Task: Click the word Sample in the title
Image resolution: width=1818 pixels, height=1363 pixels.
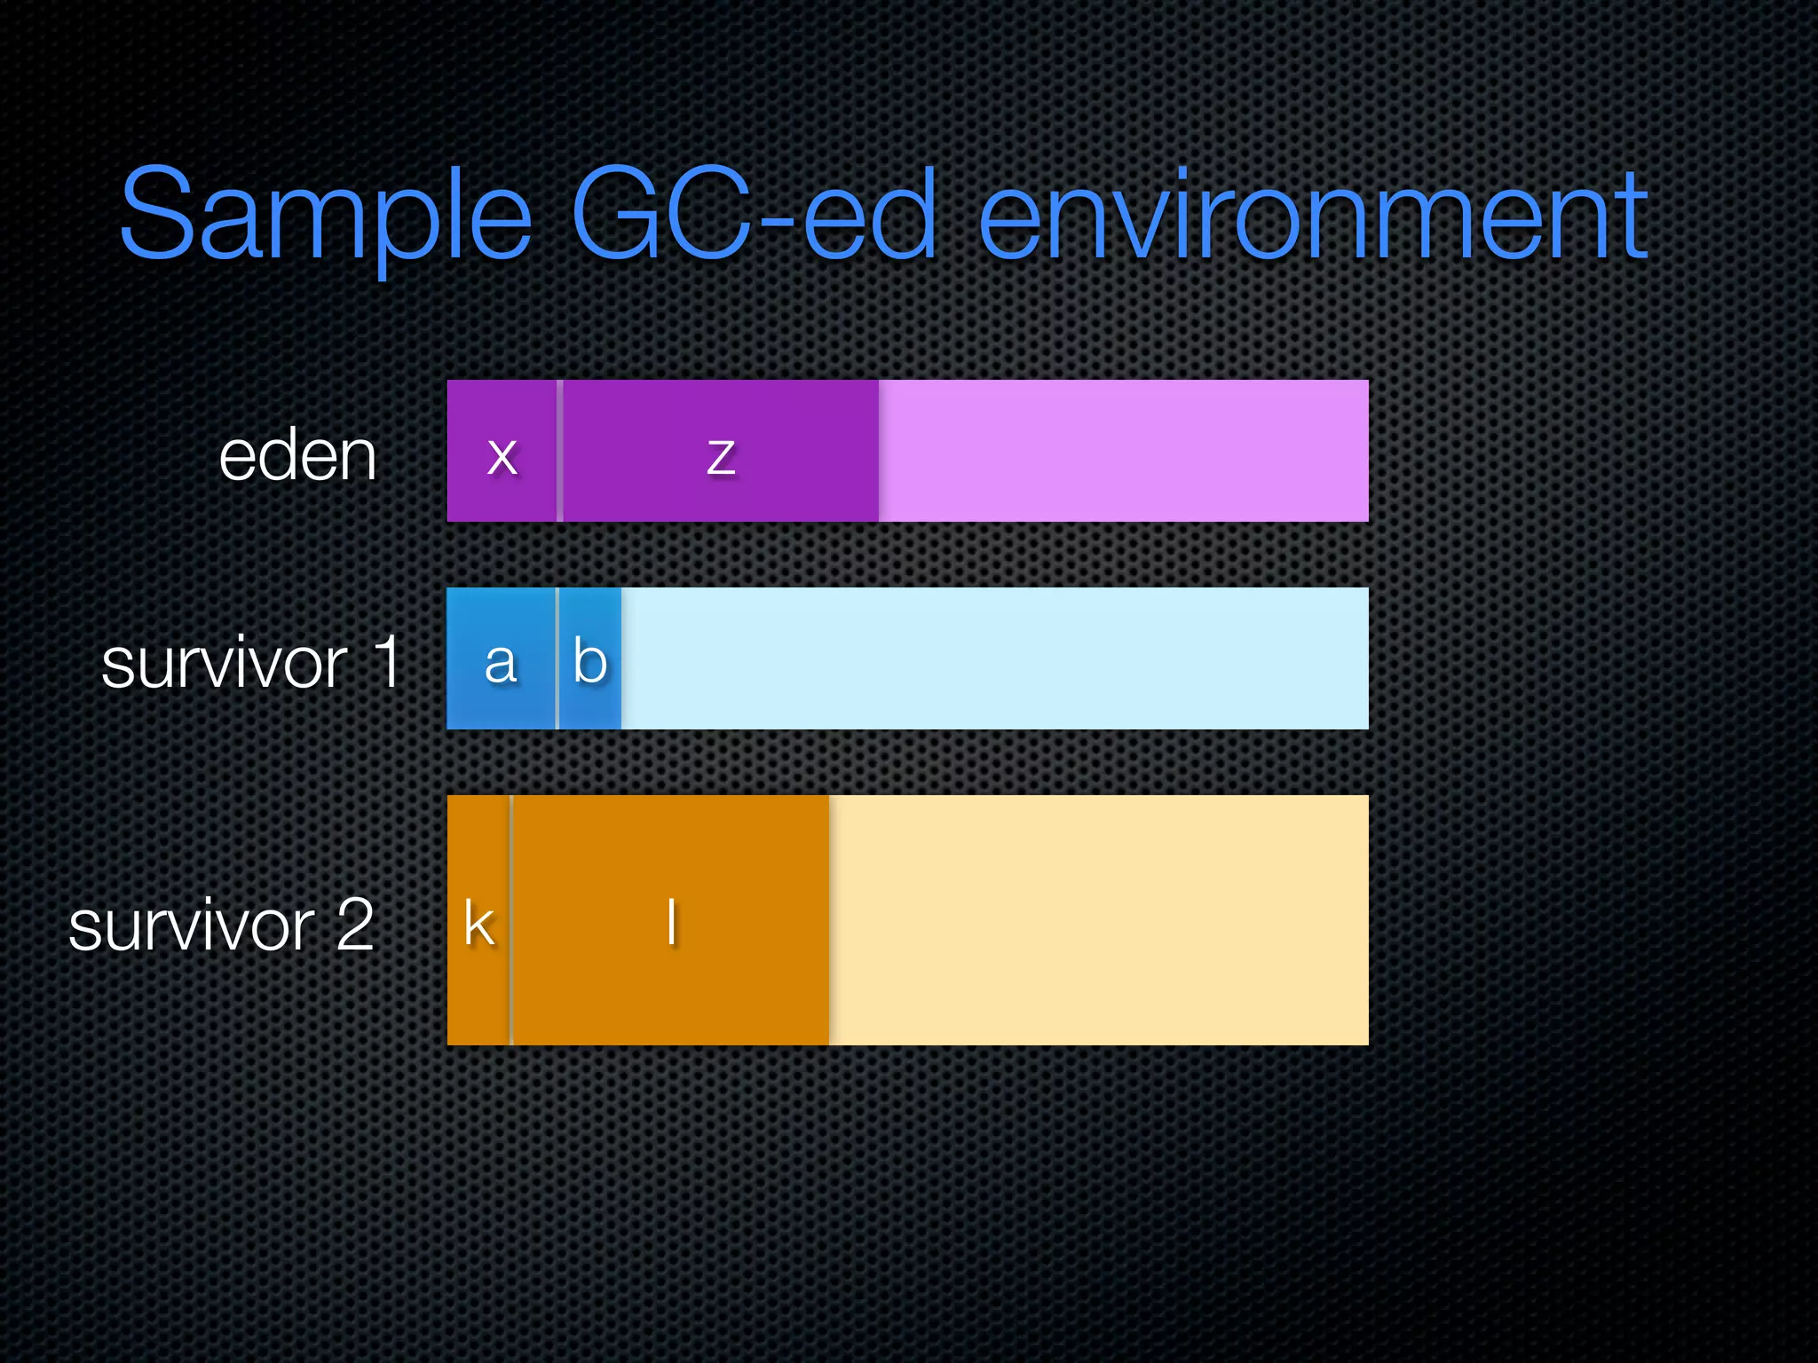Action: (325, 217)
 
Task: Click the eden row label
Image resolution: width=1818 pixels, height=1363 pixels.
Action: (298, 456)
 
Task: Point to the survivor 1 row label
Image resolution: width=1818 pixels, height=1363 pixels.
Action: (251, 663)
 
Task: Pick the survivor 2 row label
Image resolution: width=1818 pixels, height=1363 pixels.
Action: (221, 926)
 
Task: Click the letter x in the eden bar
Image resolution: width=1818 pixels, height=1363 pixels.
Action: (502, 456)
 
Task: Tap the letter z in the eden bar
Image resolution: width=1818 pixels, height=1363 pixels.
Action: (721, 457)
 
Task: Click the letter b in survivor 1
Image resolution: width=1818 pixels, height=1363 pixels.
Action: (590, 661)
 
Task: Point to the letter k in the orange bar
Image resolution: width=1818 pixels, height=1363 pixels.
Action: (479, 924)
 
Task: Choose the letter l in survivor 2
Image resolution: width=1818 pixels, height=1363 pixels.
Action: (672, 922)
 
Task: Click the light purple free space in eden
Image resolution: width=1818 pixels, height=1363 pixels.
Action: (1123, 451)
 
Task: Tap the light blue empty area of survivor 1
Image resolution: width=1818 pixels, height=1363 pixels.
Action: (994, 658)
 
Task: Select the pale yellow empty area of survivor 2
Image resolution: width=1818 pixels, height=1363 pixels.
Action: (1098, 920)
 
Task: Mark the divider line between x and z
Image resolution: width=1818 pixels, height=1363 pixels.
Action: (559, 451)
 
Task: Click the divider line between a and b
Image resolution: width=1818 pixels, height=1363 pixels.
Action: (557, 658)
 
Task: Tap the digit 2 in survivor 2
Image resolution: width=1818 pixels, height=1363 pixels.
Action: (355, 925)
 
